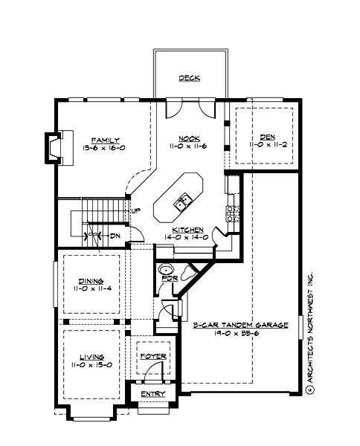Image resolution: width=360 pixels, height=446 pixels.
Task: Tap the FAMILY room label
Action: (106, 140)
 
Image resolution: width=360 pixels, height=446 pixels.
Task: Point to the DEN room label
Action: (267, 136)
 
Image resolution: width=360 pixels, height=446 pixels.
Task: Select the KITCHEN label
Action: (187, 230)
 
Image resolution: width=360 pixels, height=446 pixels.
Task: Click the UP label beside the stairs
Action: (135, 211)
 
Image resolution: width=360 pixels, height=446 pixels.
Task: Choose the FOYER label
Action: (154, 357)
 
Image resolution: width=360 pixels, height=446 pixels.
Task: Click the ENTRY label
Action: (152, 392)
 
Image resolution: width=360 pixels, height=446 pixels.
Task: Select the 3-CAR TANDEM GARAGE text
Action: (240, 326)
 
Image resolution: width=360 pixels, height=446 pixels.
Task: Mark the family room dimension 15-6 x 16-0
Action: (105, 148)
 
